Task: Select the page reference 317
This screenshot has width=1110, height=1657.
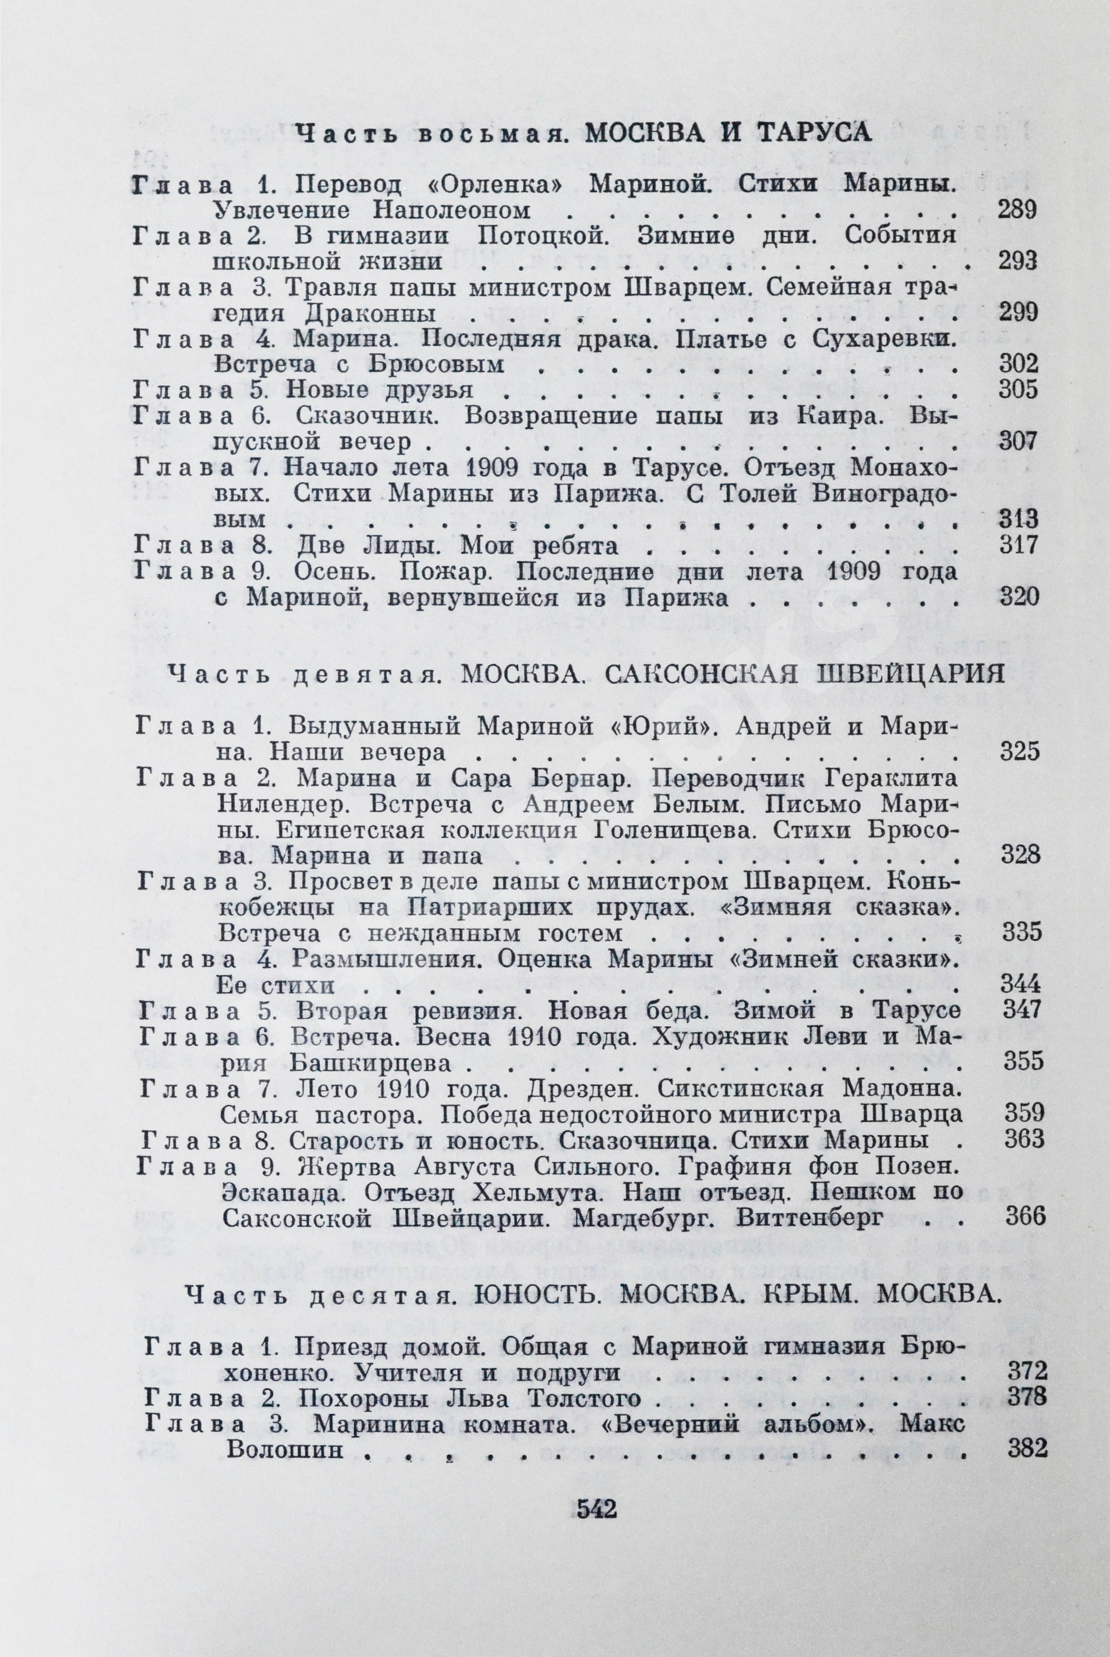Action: [x=1017, y=544]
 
